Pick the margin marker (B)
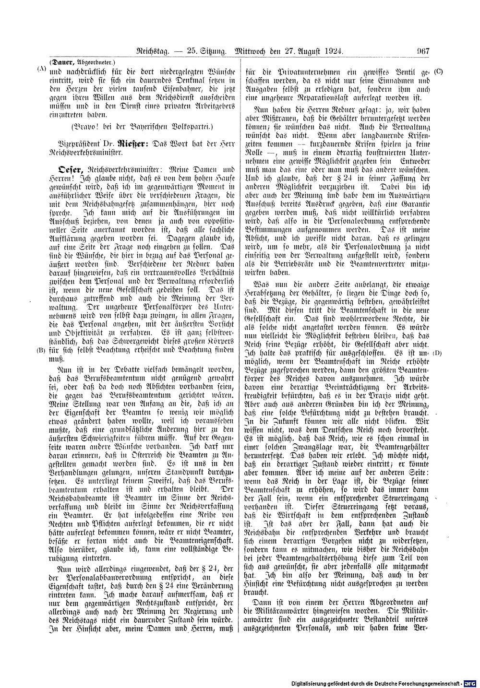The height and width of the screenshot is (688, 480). coord(41,350)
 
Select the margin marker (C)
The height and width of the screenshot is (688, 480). coord(438,72)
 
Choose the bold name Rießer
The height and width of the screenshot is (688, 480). coord(137,143)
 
